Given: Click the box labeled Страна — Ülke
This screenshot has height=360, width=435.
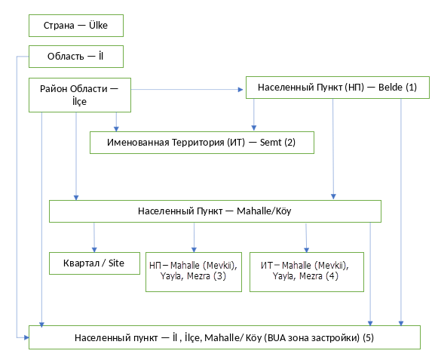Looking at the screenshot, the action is pyautogui.click(x=76, y=26).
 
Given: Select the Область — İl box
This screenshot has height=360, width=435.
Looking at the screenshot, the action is pyautogui.click(x=76, y=57).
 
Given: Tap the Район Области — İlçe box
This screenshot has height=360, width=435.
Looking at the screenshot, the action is pyautogui.click(x=80, y=95).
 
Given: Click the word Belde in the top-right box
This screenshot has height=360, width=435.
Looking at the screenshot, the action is pyautogui.click(x=391, y=88).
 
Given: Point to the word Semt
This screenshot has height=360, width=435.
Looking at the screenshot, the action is pyautogui.click(x=271, y=142).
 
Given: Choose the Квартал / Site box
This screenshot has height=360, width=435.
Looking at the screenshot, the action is pyautogui.click(x=94, y=263).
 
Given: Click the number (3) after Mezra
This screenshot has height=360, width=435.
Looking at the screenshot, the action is pyautogui.click(x=219, y=276).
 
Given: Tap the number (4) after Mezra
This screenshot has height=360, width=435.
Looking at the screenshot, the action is pyautogui.click(x=332, y=276).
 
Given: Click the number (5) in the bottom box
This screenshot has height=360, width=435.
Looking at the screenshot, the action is pyautogui.click(x=368, y=338).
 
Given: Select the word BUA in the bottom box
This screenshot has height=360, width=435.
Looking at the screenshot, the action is pyautogui.click(x=277, y=338).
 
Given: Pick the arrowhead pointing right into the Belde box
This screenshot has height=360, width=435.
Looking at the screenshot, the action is pyautogui.click(x=240, y=90).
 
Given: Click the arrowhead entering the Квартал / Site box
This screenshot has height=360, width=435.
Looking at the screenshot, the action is pyautogui.click(x=94, y=250).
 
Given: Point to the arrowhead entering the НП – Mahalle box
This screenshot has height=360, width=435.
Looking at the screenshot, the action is pyautogui.click(x=195, y=250).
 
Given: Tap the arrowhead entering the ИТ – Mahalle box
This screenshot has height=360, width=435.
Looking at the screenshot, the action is pyautogui.click(x=307, y=250).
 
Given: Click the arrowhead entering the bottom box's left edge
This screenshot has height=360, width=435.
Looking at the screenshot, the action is pyautogui.click(x=26, y=338).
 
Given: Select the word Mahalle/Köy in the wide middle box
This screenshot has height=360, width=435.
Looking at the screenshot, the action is pyautogui.click(x=264, y=211).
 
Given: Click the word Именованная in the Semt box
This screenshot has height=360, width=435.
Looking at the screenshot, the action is pyautogui.click(x=138, y=142).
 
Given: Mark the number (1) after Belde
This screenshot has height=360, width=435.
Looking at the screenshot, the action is pyautogui.click(x=411, y=88).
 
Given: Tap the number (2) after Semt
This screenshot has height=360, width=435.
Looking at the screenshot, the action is pyautogui.click(x=289, y=142).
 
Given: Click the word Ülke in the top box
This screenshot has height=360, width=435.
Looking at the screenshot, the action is pyautogui.click(x=98, y=25).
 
